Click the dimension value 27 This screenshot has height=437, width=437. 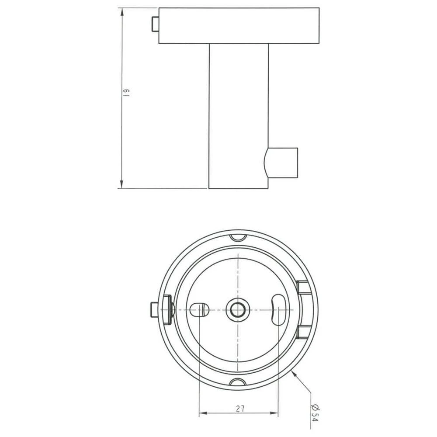click(239, 409)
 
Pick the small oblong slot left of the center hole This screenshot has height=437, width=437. click(199, 309)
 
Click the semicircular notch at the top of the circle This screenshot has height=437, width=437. click(238, 237)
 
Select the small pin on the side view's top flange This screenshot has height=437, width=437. click(155, 25)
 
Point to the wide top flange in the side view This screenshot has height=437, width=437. click(238, 25)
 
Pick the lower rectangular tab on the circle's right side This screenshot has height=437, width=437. click(304, 332)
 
